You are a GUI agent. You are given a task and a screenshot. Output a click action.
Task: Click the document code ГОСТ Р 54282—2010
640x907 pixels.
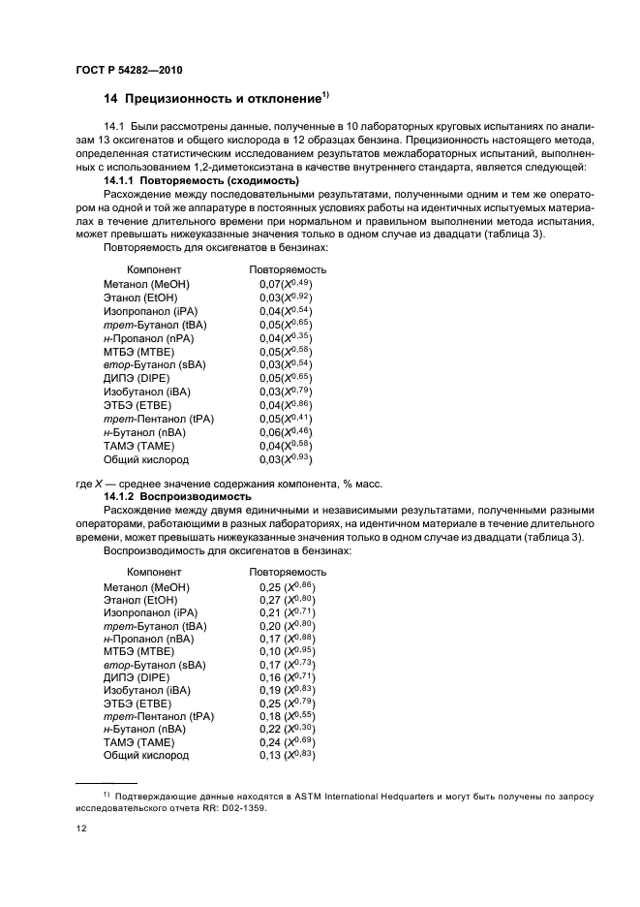tap(128, 72)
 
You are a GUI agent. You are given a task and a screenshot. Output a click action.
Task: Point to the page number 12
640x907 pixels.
tap(80, 829)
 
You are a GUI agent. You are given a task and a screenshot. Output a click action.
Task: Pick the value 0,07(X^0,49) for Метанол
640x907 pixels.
tap(286, 283)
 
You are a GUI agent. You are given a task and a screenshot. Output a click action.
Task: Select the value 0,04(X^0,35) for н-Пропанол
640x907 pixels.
tap(286, 337)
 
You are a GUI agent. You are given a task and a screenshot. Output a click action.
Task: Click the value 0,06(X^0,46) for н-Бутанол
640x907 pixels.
tap(286, 431)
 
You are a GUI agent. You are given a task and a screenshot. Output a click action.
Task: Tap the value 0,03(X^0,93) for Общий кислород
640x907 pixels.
tap(286, 458)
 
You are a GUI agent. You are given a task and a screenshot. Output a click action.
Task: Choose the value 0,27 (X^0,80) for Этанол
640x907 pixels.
tap(288, 600)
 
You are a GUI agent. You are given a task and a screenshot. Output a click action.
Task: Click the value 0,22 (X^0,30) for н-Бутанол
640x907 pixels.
tap(288, 728)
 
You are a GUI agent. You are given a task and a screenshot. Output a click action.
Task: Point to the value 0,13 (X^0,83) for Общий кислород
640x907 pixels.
tap(288, 755)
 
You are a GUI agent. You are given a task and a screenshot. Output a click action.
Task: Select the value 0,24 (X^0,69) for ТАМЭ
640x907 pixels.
tap(288, 741)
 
